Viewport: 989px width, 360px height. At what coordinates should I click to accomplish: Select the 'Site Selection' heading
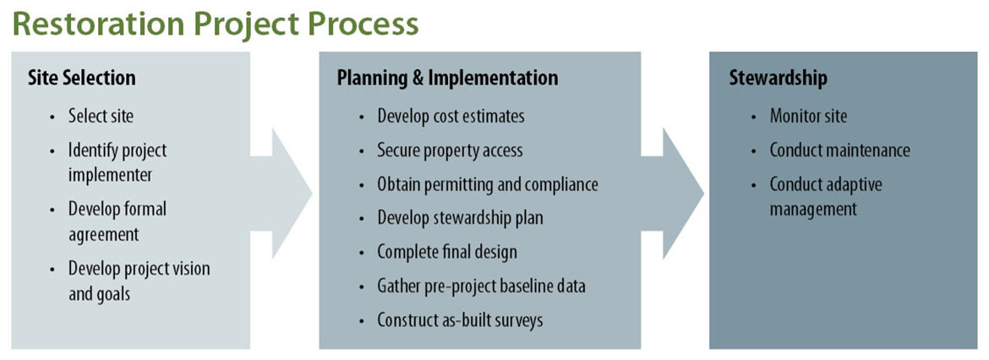coord(82,78)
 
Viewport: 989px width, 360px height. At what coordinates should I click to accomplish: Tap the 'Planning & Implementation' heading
coord(447,78)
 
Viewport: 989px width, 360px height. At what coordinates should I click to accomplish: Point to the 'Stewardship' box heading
coord(778,78)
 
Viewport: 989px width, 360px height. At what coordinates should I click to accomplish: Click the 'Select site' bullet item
coord(101,116)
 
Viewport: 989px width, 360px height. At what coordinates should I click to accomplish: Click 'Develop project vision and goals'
coord(139,281)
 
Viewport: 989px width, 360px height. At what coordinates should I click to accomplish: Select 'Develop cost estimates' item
coord(451,116)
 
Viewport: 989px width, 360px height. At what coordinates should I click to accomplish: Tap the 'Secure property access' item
coord(450,150)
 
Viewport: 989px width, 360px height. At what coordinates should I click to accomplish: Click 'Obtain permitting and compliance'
coord(488,184)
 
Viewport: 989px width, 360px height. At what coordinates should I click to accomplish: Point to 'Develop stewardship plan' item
coord(460,218)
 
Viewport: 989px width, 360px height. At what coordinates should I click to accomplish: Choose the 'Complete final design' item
coord(446,252)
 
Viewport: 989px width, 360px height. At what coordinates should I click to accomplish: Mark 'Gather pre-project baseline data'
coord(481,286)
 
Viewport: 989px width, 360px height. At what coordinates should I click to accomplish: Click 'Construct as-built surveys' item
coord(460,320)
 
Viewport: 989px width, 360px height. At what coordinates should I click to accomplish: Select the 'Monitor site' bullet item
coord(807,116)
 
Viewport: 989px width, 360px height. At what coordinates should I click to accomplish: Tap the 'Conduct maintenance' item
coord(839,150)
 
